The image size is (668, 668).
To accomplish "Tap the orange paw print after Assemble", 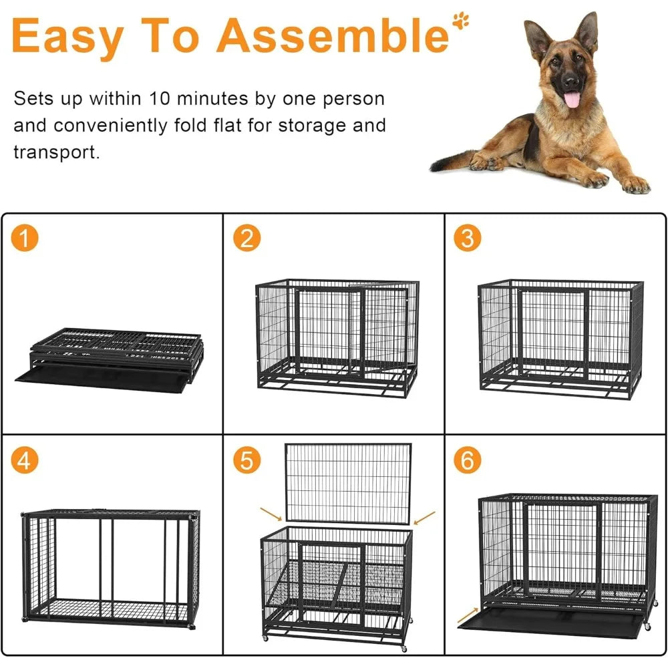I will pos(460,20).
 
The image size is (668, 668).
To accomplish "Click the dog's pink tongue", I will pos(572,100).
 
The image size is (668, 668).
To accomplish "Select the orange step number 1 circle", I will pos(25,238).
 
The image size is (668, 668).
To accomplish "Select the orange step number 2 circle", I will pos(246,238).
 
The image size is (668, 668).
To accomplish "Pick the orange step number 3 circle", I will pos(468,238).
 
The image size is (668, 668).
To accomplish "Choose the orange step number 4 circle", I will pos(25,460).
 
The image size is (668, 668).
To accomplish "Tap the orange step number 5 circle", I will pos(246,460).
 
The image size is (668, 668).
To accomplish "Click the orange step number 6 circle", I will pos(468,460).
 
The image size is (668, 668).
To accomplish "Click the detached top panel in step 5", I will pos(347,483).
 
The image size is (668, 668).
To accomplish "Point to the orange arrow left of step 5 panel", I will pos(271,514).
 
